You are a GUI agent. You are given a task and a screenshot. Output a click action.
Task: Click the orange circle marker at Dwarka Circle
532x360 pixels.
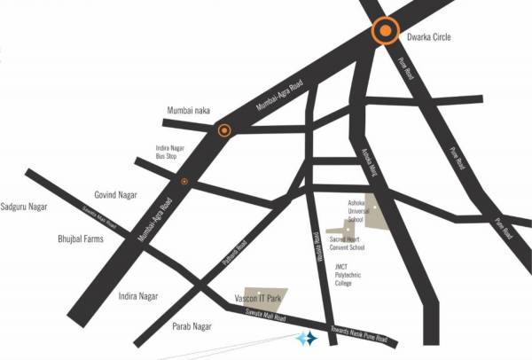[x=386, y=32]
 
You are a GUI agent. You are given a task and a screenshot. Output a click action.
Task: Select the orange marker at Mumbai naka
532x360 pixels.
[x=224, y=131]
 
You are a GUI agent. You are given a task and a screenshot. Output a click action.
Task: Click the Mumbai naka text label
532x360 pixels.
[x=187, y=111]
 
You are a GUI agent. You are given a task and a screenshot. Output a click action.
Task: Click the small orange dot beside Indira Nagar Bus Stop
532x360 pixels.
[x=184, y=181]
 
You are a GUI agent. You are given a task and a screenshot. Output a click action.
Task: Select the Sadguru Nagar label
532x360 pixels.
[x=24, y=207]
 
